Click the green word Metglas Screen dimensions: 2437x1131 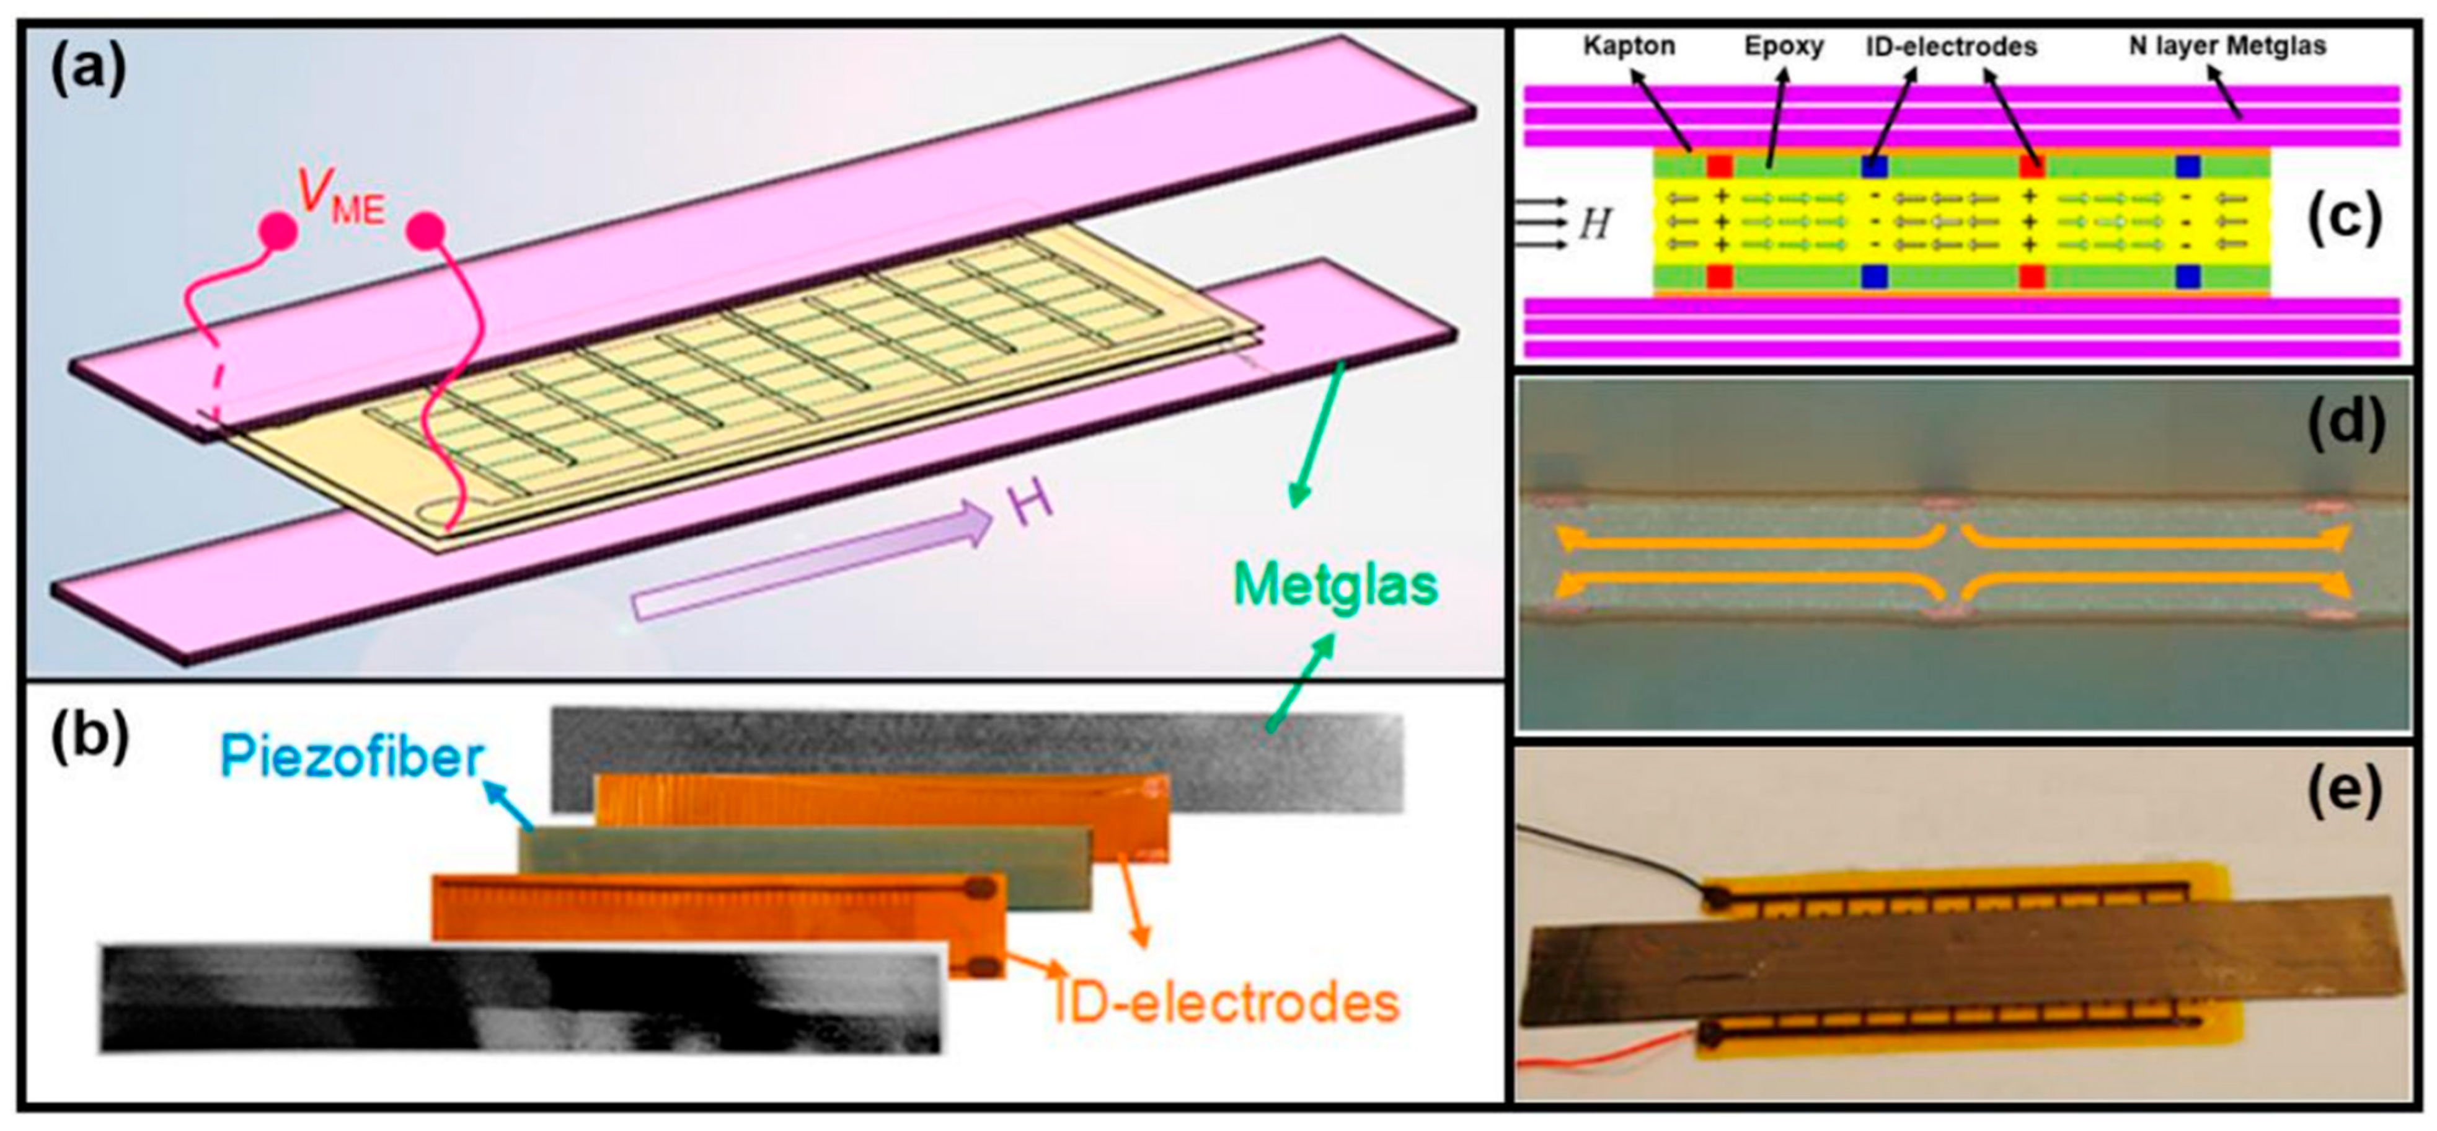pos(1335,585)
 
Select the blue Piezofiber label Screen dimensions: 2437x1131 pos(352,757)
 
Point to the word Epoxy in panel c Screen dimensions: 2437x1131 pos(1784,45)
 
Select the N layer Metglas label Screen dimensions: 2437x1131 pos(2227,45)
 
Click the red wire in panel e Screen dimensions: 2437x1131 pos(1608,1052)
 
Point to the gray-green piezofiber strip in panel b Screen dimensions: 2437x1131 pos(804,866)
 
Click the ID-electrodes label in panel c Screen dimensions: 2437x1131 pos(1951,45)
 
